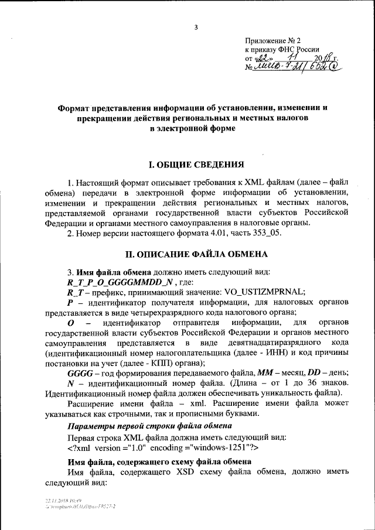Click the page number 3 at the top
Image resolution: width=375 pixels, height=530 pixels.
(x=196, y=27)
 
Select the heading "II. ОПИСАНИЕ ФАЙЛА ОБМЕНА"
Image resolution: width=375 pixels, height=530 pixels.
(x=197, y=254)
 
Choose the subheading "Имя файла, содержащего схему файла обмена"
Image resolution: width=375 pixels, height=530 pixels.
(x=160, y=462)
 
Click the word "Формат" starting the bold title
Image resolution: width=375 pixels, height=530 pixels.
(x=76, y=108)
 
